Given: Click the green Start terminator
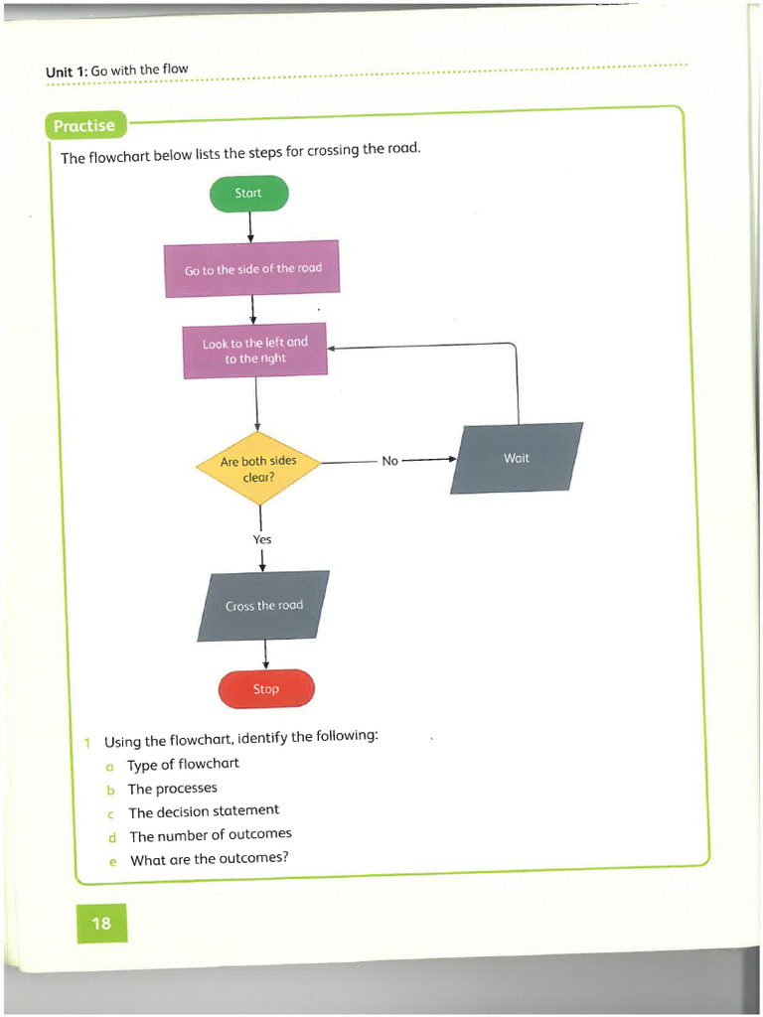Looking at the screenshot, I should pyautogui.click(x=248, y=194).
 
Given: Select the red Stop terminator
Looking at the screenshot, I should pyautogui.click(x=265, y=688).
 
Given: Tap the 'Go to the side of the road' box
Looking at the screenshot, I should pyautogui.click(x=252, y=268).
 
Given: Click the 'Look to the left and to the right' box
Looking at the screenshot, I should pyautogui.click(x=255, y=351).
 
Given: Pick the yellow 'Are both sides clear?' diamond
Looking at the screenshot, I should pyautogui.click(x=258, y=468).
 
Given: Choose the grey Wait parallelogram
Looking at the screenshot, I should pyautogui.click(x=517, y=458).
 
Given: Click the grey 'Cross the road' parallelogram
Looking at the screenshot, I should pyautogui.click(x=263, y=605).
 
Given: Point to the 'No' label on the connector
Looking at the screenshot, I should pyautogui.click(x=389, y=461).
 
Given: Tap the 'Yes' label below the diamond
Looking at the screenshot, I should pyautogui.click(x=261, y=539).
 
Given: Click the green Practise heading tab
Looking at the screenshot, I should pyautogui.click(x=84, y=126).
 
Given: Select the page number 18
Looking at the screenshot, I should pyautogui.click(x=101, y=924).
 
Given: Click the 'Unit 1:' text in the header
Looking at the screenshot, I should pyautogui.click(x=67, y=72).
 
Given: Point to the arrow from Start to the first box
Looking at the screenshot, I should pyautogui.click(x=249, y=226).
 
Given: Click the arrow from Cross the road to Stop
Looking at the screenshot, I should pyautogui.click(x=265, y=654).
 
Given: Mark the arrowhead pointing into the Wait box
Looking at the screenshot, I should pyautogui.click(x=452, y=459).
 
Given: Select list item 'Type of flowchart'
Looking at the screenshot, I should pyautogui.click(x=183, y=764).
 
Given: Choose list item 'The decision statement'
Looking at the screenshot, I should pyautogui.click(x=204, y=811).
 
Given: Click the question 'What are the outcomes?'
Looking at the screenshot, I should pyautogui.click(x=209, y=859).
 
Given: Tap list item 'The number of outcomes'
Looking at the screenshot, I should pyautogui.click(x=210, y=835).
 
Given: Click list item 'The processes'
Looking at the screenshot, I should pyautogui.click(x=172, y=789).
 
